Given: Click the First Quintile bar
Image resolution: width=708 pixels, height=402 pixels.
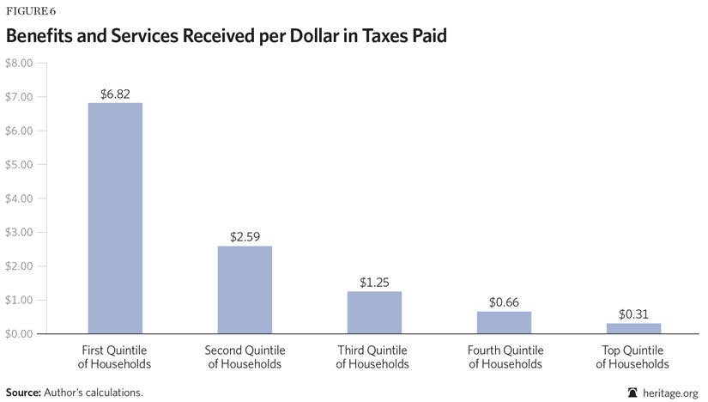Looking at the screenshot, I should [x=115, y=218].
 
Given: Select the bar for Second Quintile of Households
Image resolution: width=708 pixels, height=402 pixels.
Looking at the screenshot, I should [x=244, y=289].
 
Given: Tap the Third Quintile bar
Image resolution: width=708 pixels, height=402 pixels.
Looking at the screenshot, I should [x=373, y=313].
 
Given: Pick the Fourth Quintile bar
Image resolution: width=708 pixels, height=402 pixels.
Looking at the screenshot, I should [x=503, y=322].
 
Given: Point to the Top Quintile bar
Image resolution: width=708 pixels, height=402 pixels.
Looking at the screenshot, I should [x=632, y=328].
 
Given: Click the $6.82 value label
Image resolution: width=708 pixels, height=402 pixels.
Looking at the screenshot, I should [x=115, y=93].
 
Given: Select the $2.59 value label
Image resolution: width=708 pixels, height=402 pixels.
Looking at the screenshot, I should [x=244, y=236].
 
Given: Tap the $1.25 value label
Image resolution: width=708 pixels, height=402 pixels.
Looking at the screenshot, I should [x=373, y=281].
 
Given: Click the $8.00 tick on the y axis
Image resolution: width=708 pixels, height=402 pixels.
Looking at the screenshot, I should [x=18, y=64].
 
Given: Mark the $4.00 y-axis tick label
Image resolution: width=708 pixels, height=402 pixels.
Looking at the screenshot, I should [x=18, y=198].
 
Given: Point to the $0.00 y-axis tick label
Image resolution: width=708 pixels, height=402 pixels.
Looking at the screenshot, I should [x=18, y=333].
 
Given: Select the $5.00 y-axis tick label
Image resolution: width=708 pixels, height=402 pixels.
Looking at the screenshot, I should [x=18, y=165].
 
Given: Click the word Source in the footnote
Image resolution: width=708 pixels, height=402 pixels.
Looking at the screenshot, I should [x=22, y=392].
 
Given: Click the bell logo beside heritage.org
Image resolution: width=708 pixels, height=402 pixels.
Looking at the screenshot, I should [x=633, y=392].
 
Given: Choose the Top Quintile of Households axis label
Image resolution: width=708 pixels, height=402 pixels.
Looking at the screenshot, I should [x=632, y=357].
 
